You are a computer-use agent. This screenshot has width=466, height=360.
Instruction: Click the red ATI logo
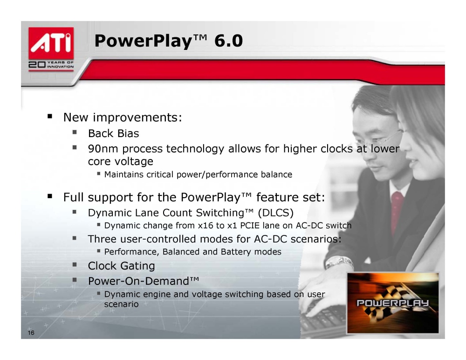click(51, 43)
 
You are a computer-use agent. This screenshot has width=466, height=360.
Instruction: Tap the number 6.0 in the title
click(228, 41)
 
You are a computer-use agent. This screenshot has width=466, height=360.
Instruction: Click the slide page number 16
click(31, 332)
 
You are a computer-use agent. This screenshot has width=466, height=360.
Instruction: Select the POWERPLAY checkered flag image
click(393, 303)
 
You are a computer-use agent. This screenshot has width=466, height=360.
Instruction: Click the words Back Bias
click(114, 133)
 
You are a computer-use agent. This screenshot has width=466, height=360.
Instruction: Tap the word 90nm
click(103, 148)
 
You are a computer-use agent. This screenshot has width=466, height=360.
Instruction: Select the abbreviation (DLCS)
click(276, 213)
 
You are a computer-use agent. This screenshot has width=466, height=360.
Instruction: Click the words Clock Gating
click(121, 266)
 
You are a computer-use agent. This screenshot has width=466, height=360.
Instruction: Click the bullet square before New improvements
click(50, 116)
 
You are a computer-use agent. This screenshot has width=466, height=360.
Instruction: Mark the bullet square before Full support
click(50, 196)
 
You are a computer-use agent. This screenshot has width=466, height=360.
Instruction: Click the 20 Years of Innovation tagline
click(51, 64)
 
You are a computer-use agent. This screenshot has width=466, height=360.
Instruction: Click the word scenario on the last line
click(121, 305)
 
